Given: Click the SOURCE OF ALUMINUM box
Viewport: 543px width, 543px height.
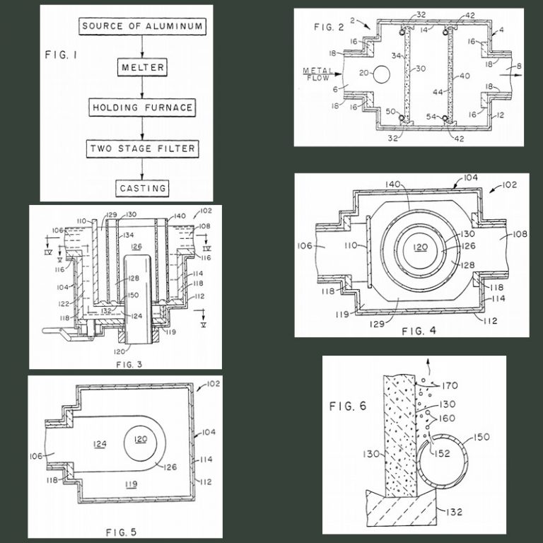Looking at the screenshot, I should pos(143,27).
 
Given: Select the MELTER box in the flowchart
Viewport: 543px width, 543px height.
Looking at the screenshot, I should pos(143,68).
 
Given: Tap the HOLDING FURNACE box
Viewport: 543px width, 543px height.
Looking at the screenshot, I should pos(143,108).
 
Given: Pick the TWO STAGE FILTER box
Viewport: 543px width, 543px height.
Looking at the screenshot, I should pos(143,149).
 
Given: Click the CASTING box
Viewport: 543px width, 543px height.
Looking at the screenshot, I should pos(143,188).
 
